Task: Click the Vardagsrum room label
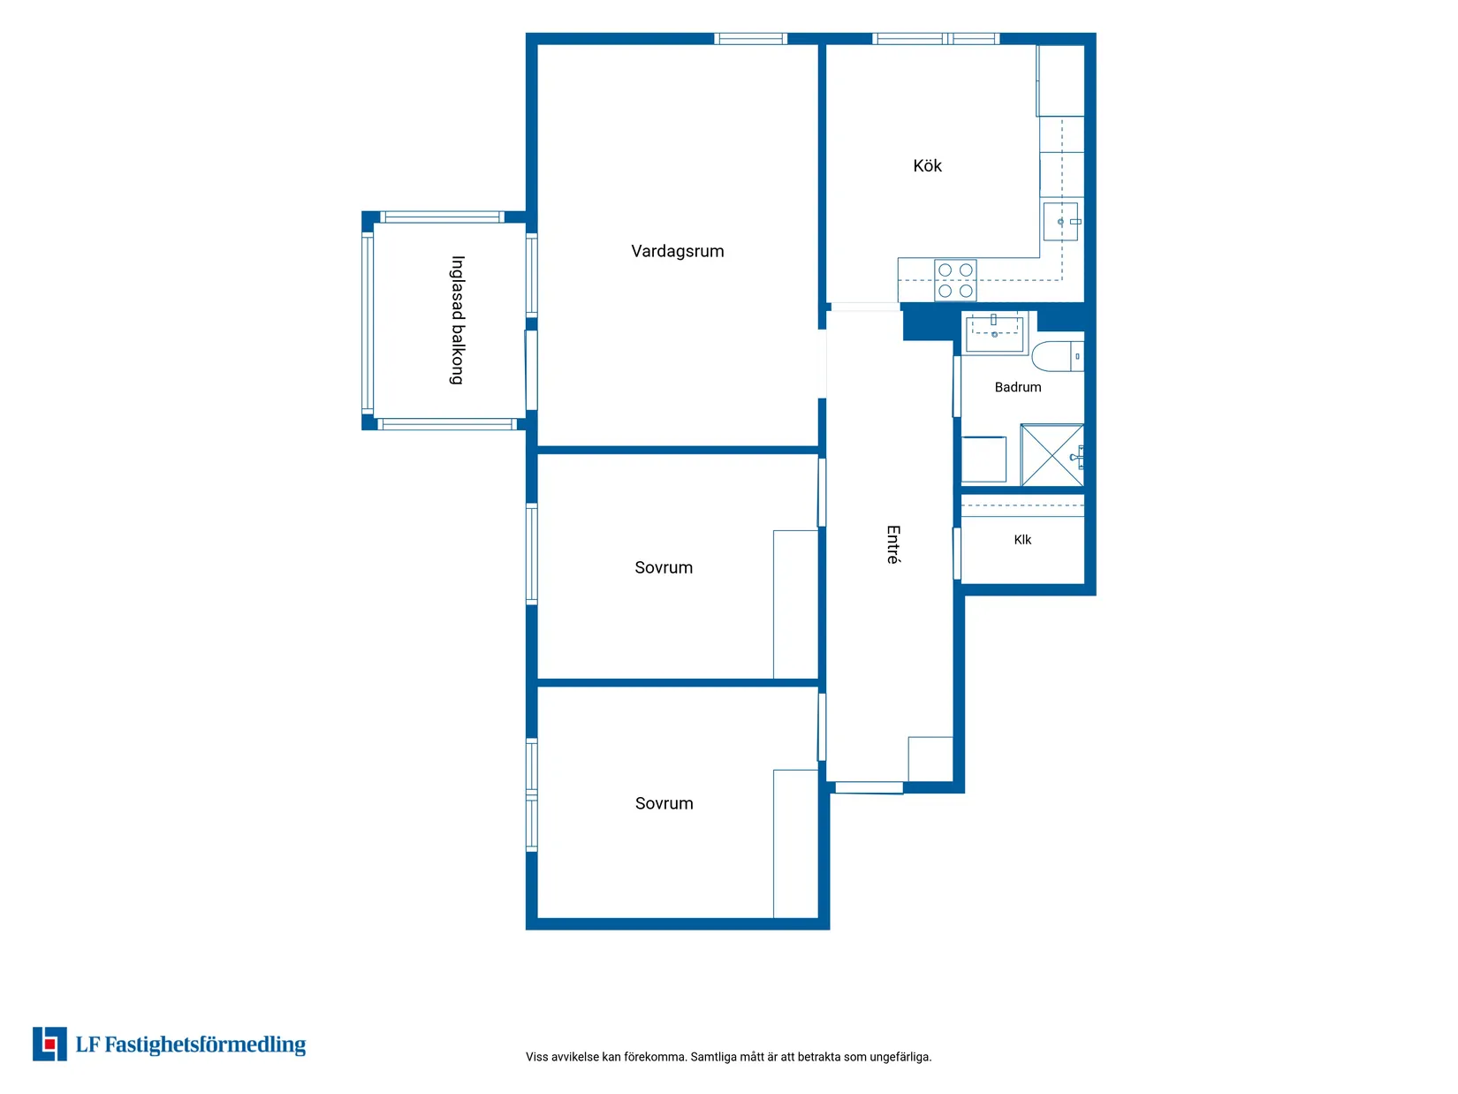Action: click(x=677, y=251)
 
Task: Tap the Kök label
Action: click(x=927, y=165)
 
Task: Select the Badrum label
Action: click(x=1017, y=387)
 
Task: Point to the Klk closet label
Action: click(x=1021, y=540)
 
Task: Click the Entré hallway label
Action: click(x=893, y=544)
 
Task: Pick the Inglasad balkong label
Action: click(x=458, y=320)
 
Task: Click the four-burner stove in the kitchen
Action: click(x=954, y=279)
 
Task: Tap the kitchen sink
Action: click(x=1060, y=221)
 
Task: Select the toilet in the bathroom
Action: click(x=1057, y=356)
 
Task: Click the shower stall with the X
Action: click(x=1052, y=455)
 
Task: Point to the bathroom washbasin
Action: click(x=994, y=334)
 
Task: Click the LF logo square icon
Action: click(x=49, y=1044)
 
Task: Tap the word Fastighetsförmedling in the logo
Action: click(x=205, y=1045)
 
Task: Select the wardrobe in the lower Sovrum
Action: click(x=795, y=844)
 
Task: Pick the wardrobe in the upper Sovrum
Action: click(x=795, y=604)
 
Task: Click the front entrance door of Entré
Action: click(x=868, y=787)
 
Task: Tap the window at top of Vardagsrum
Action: click(x=750, y=39)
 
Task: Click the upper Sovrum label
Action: click(x=663, y=567)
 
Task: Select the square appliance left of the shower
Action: click(x=983, y=459)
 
